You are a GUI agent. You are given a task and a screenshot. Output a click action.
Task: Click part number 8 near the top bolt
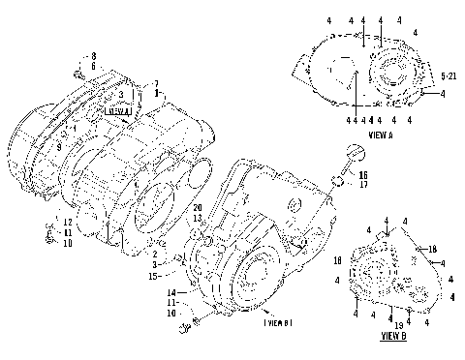tap(93, 56)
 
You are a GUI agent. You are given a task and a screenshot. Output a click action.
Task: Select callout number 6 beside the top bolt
tap(93, 66)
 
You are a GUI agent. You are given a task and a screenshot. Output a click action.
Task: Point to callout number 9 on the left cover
tap(59, 143)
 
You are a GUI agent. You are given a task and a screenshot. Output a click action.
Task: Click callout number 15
tap(152, 276)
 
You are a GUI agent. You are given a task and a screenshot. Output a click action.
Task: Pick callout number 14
tap(171, 292)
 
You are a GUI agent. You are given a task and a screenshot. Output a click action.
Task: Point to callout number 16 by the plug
tap(363, 174)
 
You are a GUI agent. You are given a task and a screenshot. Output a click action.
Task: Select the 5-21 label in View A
tap(449, 74)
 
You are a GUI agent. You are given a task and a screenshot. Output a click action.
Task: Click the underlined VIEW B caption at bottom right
tap(393, 338)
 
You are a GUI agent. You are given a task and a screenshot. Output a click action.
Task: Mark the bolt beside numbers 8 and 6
tap(77, 72)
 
